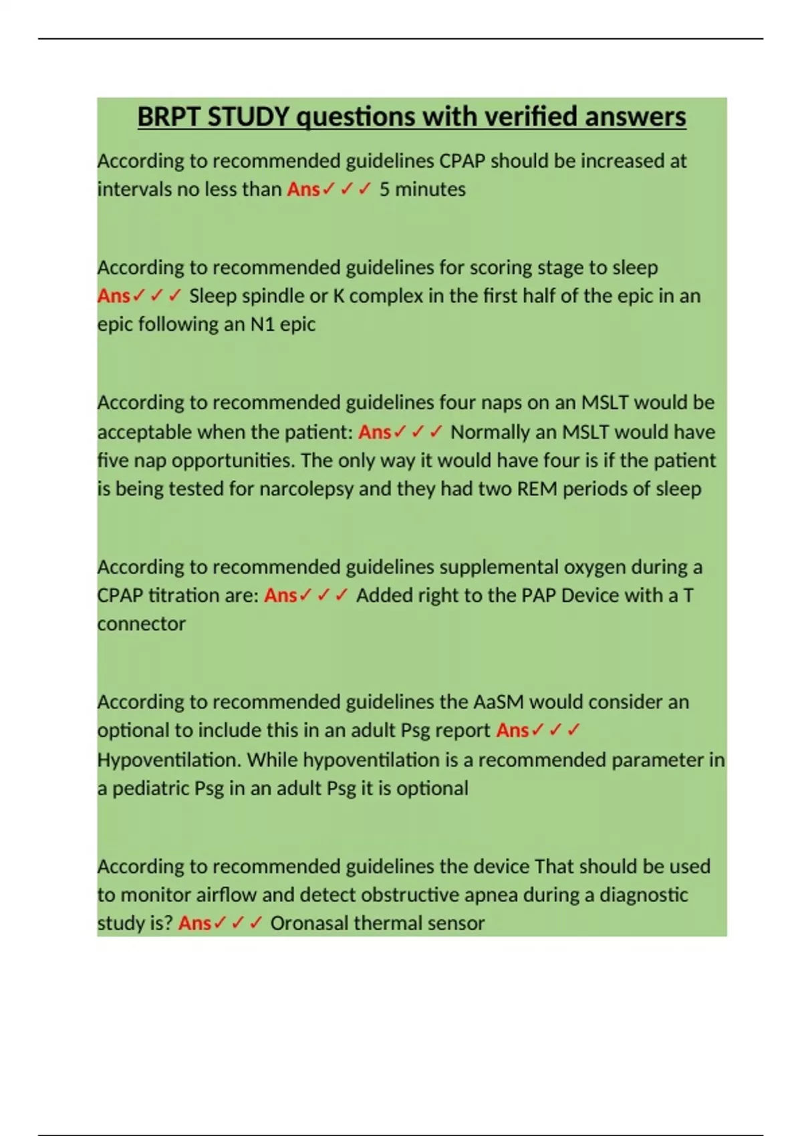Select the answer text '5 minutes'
[422, 190]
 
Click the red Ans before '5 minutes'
[303, 190]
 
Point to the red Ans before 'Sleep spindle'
[114, 296]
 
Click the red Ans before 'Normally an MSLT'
[374, 432]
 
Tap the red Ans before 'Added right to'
[280, 595]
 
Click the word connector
[141, 624]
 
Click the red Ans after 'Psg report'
[512, 730]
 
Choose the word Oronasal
[309, 924]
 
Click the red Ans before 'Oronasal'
[194, 924]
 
